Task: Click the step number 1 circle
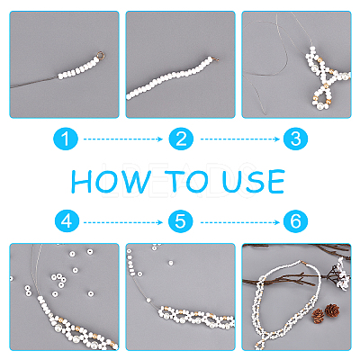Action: (x=66, y=139)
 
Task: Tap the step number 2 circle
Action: (x=181, y=139)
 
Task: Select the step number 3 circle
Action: (x=295, y=139)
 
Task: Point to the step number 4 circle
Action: (x=67, y=221)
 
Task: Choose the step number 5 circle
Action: (x=180, y=221)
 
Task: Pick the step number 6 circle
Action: (x=295, y=221)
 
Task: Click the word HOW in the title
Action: (x=111, y=181)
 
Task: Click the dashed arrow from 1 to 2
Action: (x=123, y=139)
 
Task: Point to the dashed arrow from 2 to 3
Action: (x=240, y=139)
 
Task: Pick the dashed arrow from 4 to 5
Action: (x=123, y=222)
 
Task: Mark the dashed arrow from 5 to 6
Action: (x=240, y=222)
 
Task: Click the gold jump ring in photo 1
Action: (x=101, y=55)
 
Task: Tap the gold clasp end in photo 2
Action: (x=215, y=59)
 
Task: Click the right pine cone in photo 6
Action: (x=332, y=310)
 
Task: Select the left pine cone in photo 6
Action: (x=318, y=316)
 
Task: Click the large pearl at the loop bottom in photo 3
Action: (x=320, y=106)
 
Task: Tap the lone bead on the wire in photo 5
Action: (x=148, y=300)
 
